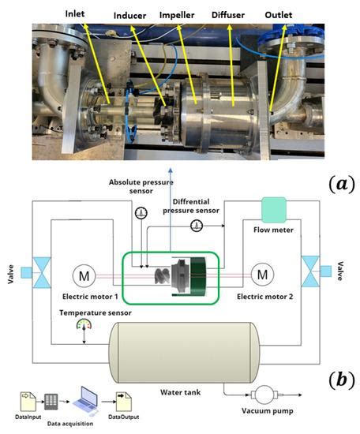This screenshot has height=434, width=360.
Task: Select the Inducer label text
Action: (x=152, y=15)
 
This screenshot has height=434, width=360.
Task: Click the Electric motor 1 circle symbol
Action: (x=83, y=276)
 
